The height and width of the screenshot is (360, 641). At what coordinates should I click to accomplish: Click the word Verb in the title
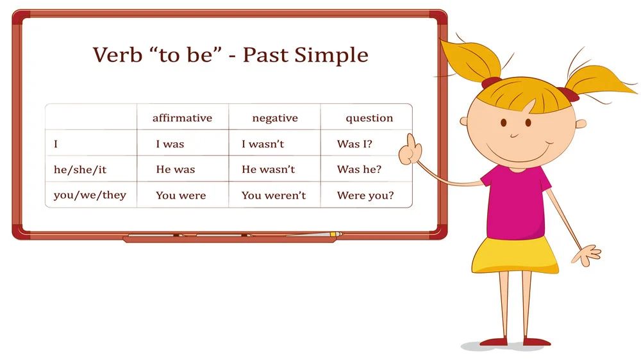117,54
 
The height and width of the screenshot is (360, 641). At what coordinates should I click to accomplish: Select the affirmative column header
182,118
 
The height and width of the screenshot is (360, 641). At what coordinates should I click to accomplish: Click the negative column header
275,119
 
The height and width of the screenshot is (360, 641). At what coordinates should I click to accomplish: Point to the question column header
369,119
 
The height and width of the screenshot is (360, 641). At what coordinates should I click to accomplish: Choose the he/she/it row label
80,170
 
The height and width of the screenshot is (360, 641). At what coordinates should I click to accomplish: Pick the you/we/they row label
90,195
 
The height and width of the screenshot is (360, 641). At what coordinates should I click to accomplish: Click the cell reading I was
170,144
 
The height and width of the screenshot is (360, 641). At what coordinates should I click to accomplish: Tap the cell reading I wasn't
262,144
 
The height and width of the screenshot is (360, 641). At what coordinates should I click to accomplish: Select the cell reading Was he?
359,169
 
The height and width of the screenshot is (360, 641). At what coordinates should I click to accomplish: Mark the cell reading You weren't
274,195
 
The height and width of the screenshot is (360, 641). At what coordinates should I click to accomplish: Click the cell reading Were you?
365,195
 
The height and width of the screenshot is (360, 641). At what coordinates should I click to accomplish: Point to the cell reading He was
176,169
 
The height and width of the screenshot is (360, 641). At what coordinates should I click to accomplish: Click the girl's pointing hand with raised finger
410,151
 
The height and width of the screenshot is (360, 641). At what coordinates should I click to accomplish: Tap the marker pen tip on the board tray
339,234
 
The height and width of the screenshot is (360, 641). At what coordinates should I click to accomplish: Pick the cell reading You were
181,195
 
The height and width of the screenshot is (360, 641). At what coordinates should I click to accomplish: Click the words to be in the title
186,54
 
